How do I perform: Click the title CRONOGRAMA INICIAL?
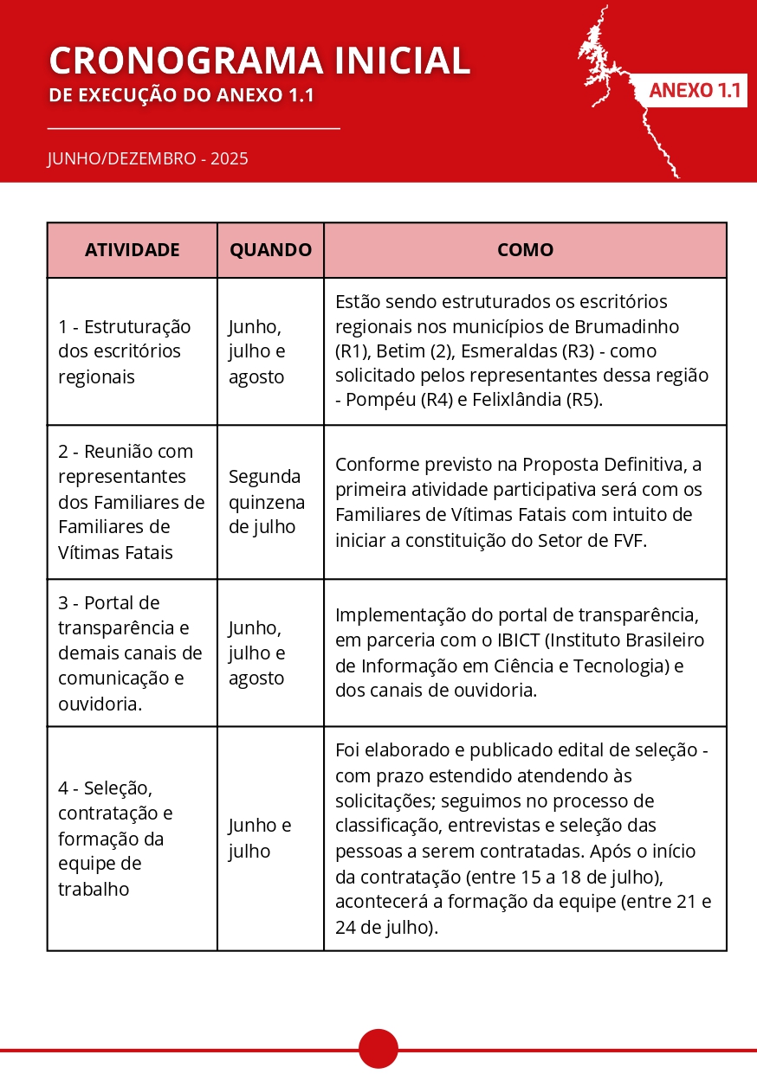tap(260, 61)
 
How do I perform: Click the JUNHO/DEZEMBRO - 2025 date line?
tap(148, 158)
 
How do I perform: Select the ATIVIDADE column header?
tap(133, 250)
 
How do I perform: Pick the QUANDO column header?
tap(270, 250)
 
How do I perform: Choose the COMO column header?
tap(525, 250)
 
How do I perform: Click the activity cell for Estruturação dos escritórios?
tap(125, 351)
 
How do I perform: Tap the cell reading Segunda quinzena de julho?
tap(266, 502)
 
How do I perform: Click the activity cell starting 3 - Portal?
tap(130, 653)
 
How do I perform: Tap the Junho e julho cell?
tap(260, 838)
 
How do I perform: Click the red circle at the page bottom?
tap(378, 1049)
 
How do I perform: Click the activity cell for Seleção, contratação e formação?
tap(115, 838)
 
